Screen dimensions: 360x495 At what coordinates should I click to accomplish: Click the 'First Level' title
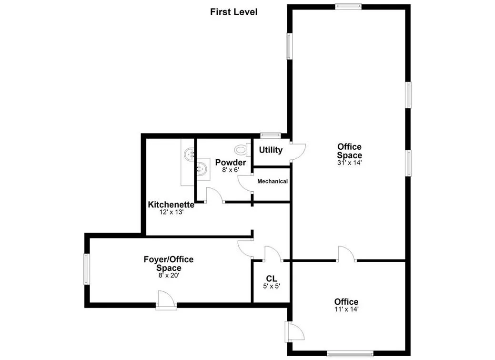pos(233,12)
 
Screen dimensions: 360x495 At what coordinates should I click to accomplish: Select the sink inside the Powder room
pos(202,168)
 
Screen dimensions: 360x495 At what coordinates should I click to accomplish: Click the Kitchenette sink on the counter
pos(190,154)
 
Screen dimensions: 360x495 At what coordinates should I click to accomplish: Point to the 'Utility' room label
pos(271,150)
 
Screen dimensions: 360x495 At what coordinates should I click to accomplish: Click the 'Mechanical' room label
pos(273,181)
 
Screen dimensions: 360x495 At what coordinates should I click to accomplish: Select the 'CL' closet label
pos(272,278)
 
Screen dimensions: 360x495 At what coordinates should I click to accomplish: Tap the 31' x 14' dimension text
pos(349,163)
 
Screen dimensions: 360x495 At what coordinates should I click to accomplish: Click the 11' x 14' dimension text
pos(346,309)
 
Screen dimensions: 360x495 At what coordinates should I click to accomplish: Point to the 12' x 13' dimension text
pos(171,212)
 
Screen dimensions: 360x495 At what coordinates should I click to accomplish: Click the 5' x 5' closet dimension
pos(272,286)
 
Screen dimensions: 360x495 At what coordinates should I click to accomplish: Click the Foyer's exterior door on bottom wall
pos(167,300)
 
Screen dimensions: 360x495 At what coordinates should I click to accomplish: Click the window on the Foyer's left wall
pos(87,269)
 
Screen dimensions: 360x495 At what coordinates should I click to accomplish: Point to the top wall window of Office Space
pos(348,6)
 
